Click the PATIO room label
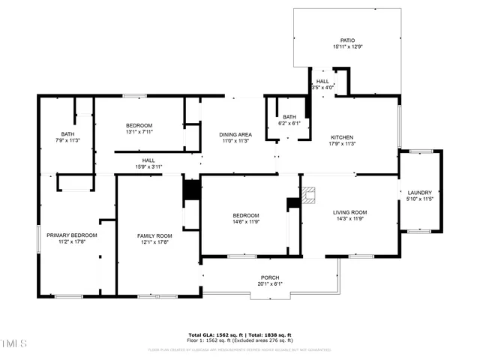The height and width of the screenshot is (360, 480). point(347,40)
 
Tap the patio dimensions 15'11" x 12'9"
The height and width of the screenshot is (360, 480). point(347,47)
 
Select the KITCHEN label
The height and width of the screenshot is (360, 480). point(343,137)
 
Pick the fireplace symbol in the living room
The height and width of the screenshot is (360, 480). point(310,197)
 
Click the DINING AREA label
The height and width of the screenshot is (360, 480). point(236,134)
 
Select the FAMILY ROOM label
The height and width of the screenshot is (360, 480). point(154,235)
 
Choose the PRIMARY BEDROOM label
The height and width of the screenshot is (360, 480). point(72,235)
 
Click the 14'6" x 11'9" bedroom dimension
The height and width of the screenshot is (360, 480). point(246,222)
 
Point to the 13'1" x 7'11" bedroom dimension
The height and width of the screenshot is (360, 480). point(139,132)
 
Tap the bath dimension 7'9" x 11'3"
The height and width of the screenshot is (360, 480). point(67,140)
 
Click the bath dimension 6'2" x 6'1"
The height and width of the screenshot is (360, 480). point(289,123)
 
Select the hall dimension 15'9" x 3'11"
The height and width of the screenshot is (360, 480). point(148,166)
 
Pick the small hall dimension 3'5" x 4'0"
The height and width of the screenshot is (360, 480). point(322,88)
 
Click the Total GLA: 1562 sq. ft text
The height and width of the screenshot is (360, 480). point(213,334)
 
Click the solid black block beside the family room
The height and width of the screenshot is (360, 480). point(192,190)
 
